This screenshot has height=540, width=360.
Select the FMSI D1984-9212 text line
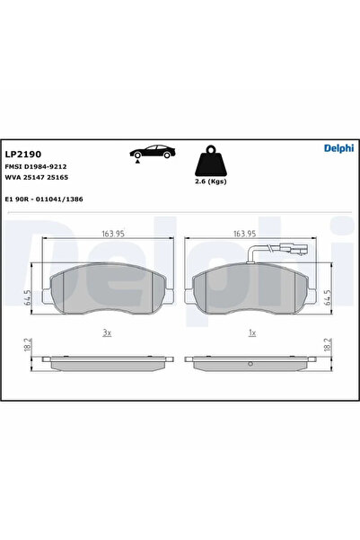pyautogui.click(x=36, y=167)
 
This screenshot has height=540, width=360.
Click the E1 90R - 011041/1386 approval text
pyautogui.click(x=44, y=198)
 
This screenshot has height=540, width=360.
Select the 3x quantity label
pyautogui.click(x=107, y=332)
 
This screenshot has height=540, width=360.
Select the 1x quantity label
pyautogui.click(x=253, y=332)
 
